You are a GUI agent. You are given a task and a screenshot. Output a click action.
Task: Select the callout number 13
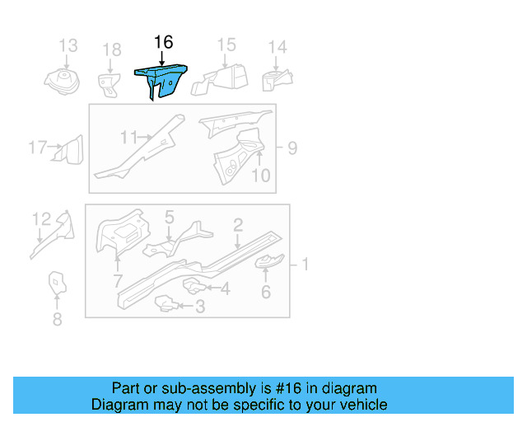(68, 46)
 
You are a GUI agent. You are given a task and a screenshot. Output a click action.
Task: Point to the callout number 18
(111, 51)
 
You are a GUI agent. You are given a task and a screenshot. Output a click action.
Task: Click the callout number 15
(226, 45)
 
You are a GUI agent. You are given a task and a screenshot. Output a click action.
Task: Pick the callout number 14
(277, 47)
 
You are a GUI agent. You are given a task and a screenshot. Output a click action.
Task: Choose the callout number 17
(37, 148)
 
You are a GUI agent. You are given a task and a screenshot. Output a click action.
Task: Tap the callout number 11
(128, 137)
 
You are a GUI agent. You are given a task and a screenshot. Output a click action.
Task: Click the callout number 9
(291, 148)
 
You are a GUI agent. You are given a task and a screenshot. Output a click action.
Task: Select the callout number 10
(260, 175)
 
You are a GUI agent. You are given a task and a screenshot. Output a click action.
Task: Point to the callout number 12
(41, 219)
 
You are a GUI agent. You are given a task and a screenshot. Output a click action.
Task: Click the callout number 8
(57, 319)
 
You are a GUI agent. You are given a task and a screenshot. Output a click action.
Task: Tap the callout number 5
(169, 218)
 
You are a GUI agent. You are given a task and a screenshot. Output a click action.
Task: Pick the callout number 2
(237, 225)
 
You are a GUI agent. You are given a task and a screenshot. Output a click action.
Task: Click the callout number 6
(265, 291)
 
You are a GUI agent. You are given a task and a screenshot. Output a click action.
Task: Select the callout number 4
(225, 288)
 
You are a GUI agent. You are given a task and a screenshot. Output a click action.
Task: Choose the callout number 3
(199, 307)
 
